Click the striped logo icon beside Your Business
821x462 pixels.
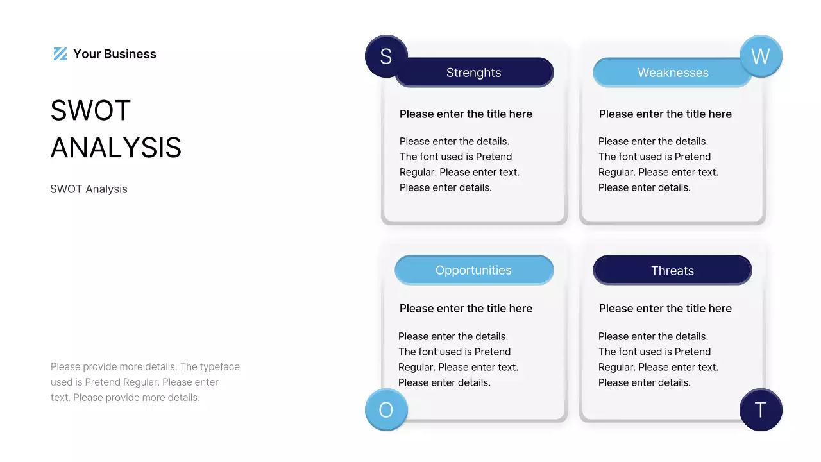[60, 54]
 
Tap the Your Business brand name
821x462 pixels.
[114, 54]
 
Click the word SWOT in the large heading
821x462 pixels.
[90, 110]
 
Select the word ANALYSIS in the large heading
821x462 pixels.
[116, 148]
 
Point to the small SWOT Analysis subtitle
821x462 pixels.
[89, 189]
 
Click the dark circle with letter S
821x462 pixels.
[386, 56]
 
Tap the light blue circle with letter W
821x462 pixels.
[761, 56]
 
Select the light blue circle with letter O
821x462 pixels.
[386, 409]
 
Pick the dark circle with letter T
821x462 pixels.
[761, 409]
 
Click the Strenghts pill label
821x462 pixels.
[474, 73]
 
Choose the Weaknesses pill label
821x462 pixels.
[673, 73]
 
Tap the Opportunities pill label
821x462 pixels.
[474, 270]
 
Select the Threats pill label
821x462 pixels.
[672, 270]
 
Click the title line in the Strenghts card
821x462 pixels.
[466, 114]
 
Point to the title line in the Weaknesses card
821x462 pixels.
[665, 114]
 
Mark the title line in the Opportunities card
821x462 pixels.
[466, 309]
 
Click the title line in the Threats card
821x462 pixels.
[665, 309]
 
